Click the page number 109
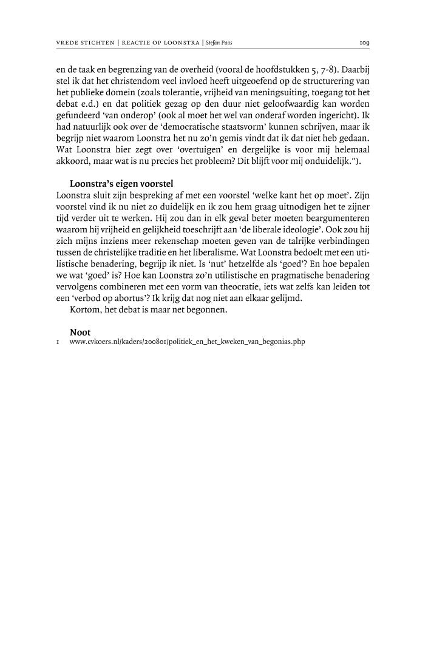364,43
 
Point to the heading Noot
80,332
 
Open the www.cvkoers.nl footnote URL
187,342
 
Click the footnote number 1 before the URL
57,342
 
